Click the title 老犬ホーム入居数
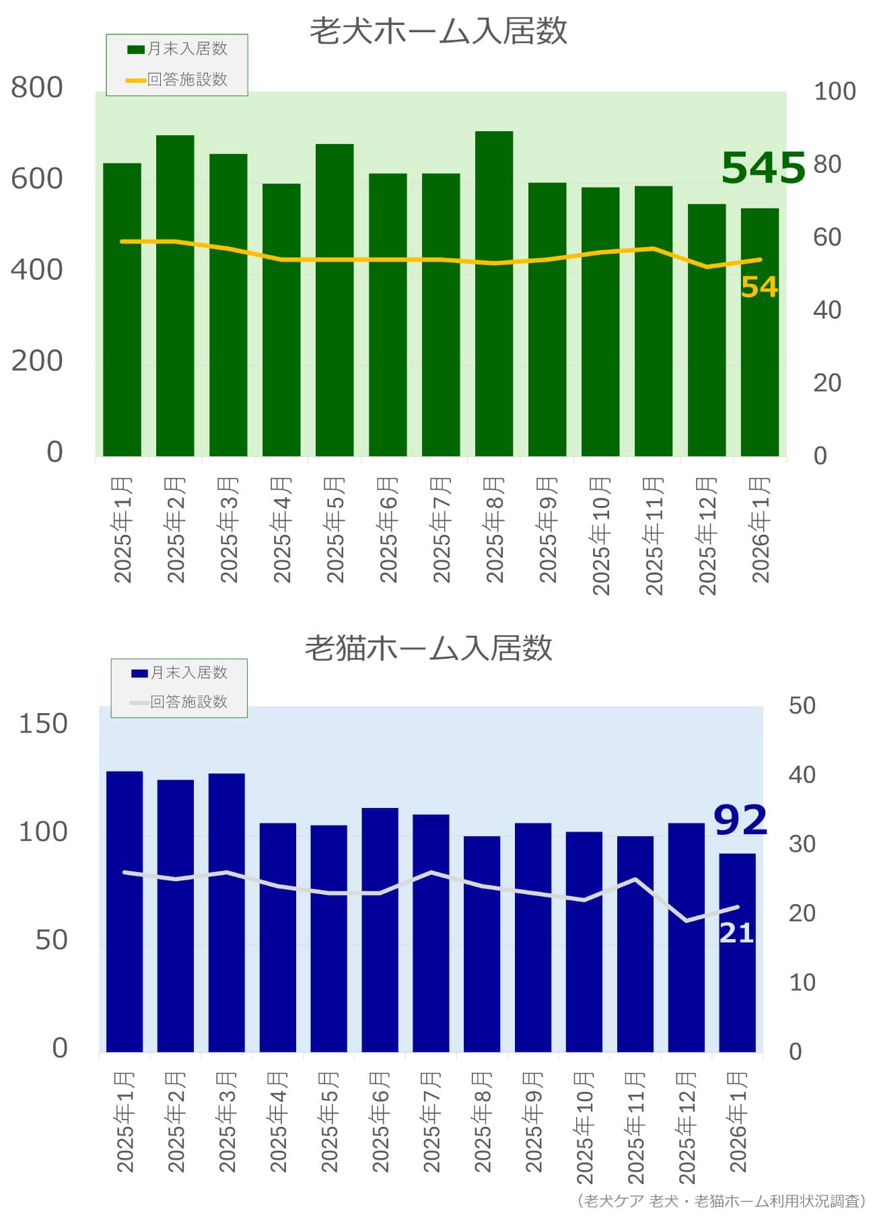pyautogui.click(x=438, y=31)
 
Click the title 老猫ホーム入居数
pyautogui.click(x=429, y=648)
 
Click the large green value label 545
pyautogui.click(x=763, y=168)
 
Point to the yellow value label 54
pyautogui.click(x=759, y=287)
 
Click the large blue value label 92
pyautogui.click(x=740, y=820)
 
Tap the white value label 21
pyautogui.click(x=736, y=933)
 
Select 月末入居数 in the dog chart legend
pyautogui.click(x=186, y=49)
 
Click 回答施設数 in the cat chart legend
pyautogui.click(x=188, y=702)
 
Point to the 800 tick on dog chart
pyautogui.click(x=37, y=88)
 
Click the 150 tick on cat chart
pyautogui.click(x=43, y=724)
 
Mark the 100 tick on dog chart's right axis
pyautogui.click(x=835, y=91)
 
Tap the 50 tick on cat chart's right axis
pyautogui.click(x=802, y=706)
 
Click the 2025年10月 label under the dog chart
pyautogui.click(x=600, y=536)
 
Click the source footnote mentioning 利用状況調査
pyautogui.click(x=721, y=1201)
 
